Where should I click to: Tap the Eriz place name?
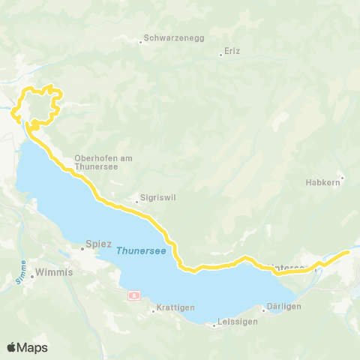232,53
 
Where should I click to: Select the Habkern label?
322,181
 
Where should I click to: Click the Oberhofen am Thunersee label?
103,162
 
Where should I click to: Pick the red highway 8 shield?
133,295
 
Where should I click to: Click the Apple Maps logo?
27,347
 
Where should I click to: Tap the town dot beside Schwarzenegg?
140,42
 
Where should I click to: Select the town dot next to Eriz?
220,54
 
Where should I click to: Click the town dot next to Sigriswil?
135,200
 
